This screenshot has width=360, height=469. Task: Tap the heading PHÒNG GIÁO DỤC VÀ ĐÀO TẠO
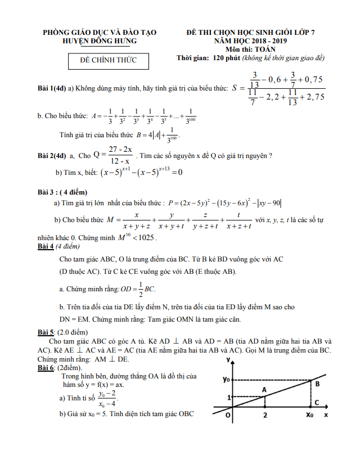[100, 33]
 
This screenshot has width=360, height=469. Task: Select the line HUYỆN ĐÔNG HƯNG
[100, 42]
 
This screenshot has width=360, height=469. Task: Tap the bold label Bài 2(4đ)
[52, 155]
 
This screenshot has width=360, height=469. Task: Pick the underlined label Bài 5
[45, 331]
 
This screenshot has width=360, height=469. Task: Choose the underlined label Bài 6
[45, 367]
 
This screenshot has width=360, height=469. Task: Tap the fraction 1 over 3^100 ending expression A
[191, 116]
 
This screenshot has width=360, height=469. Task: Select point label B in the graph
[317, 384]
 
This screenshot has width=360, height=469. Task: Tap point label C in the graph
[317, 403]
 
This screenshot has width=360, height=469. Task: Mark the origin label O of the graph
[227, 415]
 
